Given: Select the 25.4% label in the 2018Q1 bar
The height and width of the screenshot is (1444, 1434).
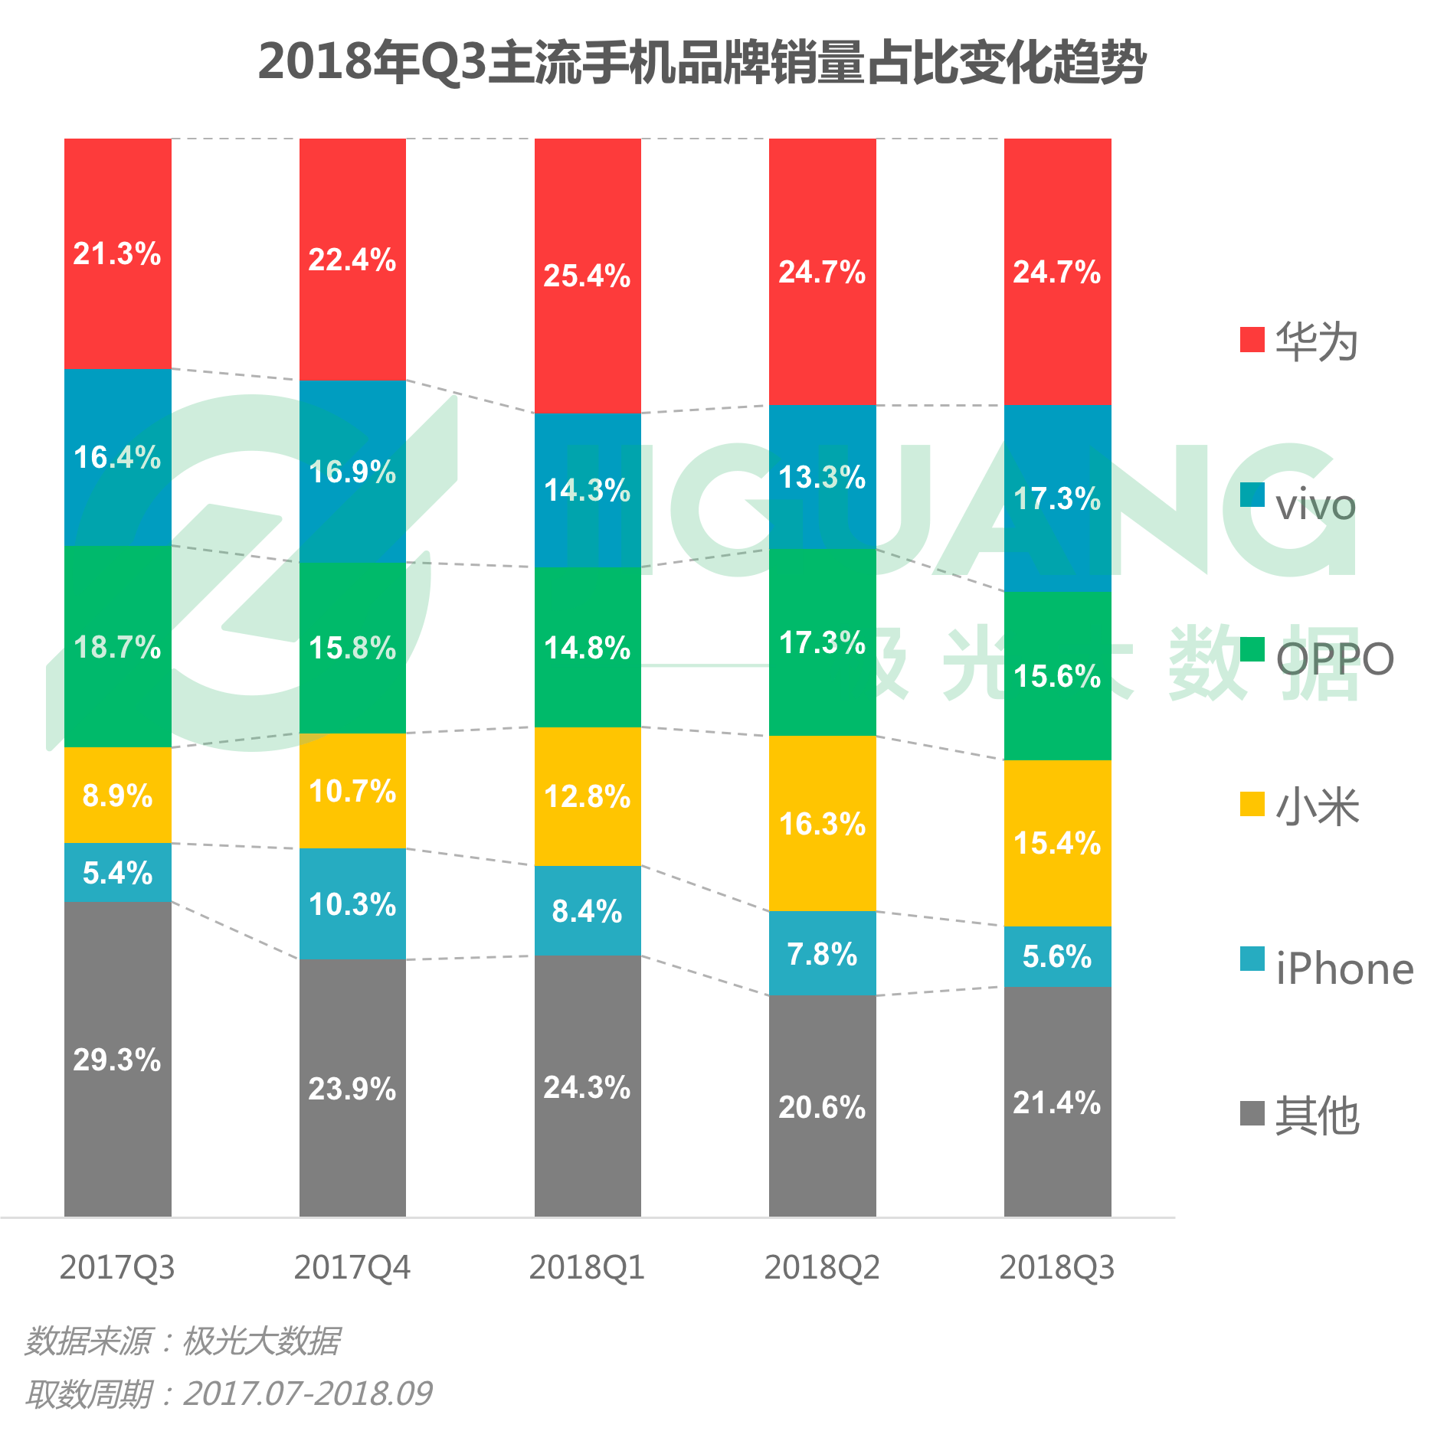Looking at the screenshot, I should (x=587, y=276).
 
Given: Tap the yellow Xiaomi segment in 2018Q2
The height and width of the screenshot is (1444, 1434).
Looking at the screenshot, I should (x=822, y=823).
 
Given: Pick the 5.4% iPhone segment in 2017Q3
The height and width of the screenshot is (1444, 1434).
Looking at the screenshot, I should (x=117, y=872).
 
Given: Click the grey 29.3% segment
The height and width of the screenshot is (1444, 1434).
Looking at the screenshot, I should (x=117, y=1059).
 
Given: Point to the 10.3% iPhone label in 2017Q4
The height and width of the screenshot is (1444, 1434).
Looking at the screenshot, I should (x=352, y=904).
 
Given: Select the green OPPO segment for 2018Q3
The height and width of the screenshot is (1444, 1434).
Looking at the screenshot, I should (x=1057, y=675).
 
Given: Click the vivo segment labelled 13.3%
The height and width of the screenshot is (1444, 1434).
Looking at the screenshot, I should (x=822, y=476).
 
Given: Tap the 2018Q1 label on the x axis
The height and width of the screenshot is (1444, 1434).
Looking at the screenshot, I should (x=587, y=1268).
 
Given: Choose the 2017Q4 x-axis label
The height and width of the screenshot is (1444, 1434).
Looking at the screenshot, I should (x=352, y=1268).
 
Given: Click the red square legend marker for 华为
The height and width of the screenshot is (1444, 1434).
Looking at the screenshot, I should (x=1252, y=339).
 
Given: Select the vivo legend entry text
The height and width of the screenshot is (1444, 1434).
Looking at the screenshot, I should (x=1315, y=505).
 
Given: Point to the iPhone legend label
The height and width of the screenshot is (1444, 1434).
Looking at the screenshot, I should (x=1344, y=969).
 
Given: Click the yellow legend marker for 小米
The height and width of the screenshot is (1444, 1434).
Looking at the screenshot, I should (x=1252, y=805).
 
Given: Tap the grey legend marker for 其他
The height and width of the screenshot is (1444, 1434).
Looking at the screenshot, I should (x=1252, y=1112).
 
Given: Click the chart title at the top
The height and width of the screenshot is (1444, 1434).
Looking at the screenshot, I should (x=701, y=61).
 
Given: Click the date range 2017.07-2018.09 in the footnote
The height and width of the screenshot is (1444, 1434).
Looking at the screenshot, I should (x=308, y=1393).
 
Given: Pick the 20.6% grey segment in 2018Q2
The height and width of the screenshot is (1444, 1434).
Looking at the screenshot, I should (x=822, y=1106).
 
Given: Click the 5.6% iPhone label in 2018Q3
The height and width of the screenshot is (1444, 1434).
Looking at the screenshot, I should (x=1057, y=956).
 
